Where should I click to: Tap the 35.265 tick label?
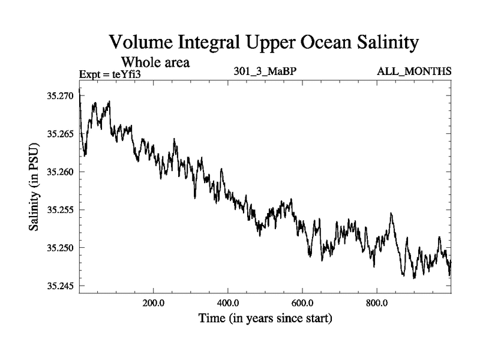coord(61,134)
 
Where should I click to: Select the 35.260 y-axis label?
coord(61,172)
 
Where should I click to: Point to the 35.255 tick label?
coord(61,209)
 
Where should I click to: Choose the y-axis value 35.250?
coord(61,247)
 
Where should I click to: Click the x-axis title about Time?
coord(265,317)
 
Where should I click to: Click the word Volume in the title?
coord(141,43)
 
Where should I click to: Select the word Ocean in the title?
coord(315,43)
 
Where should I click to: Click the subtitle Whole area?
coord(156,61)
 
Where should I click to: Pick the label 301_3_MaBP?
coord(265,72)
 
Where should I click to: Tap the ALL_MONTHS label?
coord(414,72)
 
